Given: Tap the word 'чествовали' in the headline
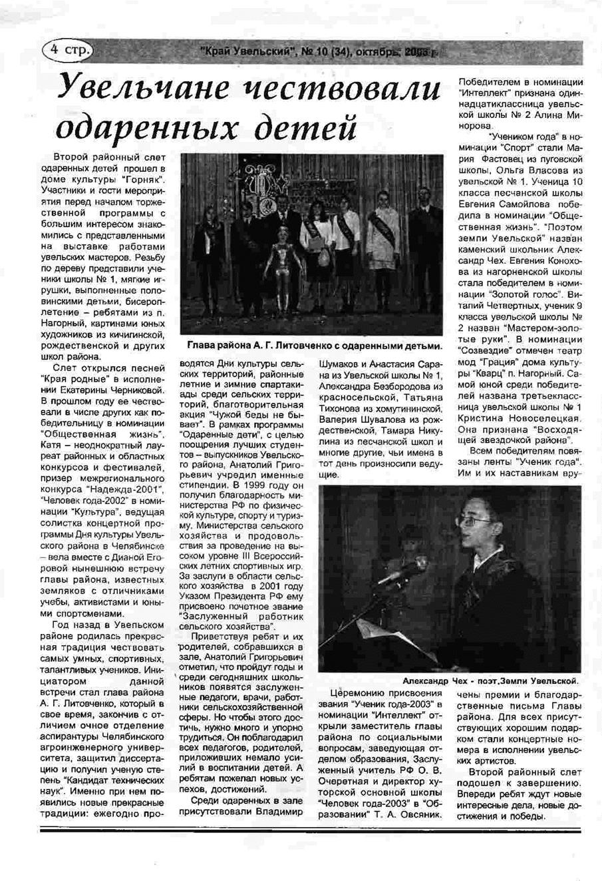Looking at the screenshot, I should [x=350, y=89].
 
